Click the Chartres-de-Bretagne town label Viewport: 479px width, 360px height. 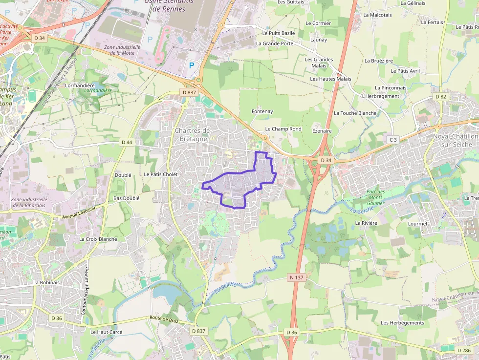193,134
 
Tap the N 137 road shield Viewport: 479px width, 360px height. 296,277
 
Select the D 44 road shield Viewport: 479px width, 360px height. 127,142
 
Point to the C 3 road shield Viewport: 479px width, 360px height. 392,140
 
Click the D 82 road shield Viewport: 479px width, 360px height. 441,97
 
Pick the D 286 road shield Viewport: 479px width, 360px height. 464,350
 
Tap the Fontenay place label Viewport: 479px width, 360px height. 262,111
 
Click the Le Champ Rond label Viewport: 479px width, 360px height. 283,129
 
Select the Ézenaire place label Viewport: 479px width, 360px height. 322,131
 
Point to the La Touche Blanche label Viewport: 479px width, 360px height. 355,113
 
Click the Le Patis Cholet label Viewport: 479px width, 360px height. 161,174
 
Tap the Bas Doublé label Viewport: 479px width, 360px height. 126,198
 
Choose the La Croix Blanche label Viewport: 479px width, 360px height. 98,239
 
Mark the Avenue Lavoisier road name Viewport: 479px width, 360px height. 84,212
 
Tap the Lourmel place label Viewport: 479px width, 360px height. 417,224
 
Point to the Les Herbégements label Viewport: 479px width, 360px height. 402,323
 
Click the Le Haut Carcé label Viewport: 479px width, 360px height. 106,332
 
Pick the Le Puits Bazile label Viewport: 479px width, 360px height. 279,33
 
